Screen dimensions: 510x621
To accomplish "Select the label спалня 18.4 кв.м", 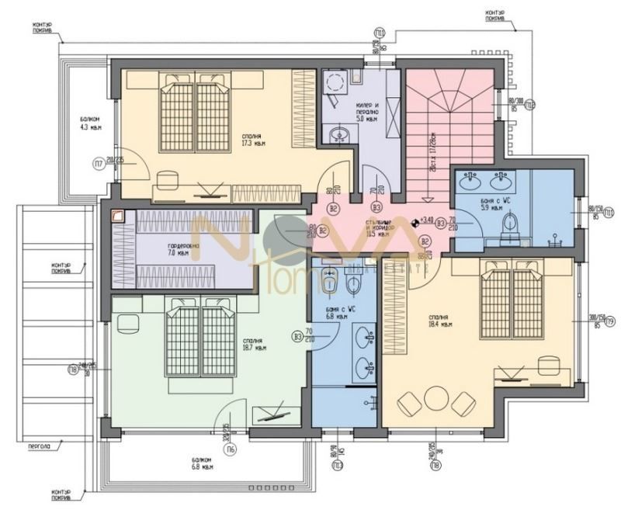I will coord(440,321).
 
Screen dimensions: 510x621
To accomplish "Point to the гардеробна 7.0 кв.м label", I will coord(182,249).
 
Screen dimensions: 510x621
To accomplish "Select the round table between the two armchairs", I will coord(434,401).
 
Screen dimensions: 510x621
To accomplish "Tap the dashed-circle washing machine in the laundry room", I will coord(335,82).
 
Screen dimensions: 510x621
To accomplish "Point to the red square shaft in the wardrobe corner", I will coord(117,217).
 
